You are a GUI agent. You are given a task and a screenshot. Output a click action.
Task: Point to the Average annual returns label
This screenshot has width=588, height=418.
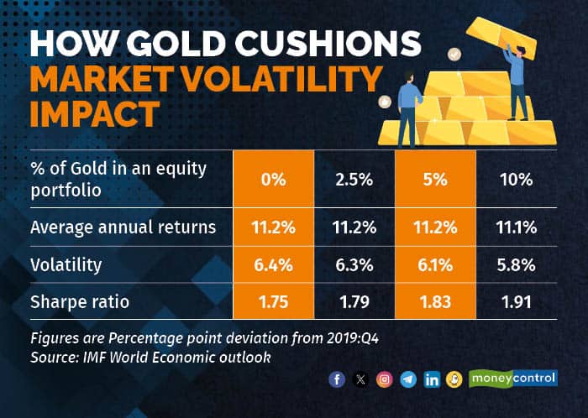coord(123,227)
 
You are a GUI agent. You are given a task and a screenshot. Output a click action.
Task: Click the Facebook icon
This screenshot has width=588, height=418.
coord(338,379)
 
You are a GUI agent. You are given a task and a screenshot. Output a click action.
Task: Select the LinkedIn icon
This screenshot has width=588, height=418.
coord(432,379)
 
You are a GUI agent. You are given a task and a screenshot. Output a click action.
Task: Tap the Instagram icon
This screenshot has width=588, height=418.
coord(385,379)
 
